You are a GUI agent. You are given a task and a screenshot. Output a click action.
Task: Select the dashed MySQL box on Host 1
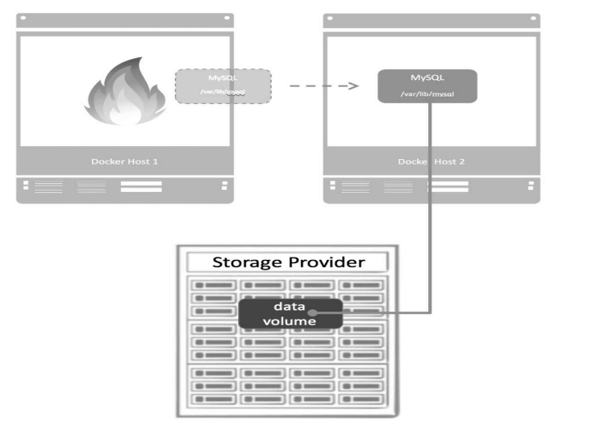[x=223, y=86]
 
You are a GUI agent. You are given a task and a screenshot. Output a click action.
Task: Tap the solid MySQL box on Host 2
[x=427, y=86]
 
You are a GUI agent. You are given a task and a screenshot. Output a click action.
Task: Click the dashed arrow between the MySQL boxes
[x=323, y=85]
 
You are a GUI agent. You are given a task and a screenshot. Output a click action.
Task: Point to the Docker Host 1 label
[x=124, y=161]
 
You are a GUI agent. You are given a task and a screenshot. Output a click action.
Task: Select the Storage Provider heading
[x=288, y=262]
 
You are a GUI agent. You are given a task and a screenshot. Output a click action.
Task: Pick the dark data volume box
[x=290, y=312]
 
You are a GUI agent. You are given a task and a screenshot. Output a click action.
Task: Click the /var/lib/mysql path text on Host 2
[x=427, y=94]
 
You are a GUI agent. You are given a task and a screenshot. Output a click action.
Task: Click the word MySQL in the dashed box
[x=223, y=77]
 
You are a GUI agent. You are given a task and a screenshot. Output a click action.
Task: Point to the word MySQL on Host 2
[x=427, y=77]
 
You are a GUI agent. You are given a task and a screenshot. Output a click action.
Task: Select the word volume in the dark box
[x=289, y=320]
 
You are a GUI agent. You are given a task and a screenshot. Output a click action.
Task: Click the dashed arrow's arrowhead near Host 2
[x=353, y=85]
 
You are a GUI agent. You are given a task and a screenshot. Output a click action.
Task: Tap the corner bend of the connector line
[x=430, y=311]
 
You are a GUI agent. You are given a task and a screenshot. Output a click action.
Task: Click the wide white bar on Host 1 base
[x=141, y=187]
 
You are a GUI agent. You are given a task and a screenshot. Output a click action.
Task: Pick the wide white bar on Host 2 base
[x=448, y=187]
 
